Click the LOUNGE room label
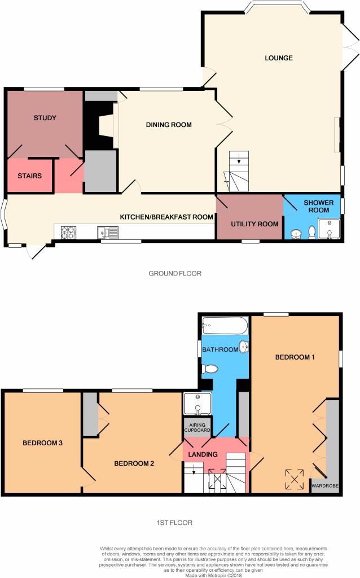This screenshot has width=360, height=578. click(x=279, y=58)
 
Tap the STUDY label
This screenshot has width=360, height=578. click(x=45, y=118)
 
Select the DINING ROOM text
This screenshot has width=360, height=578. click(x=169, y=125)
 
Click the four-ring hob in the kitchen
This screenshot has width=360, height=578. click(x=68, y=232)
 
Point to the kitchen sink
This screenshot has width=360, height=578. click(x=108, y=233)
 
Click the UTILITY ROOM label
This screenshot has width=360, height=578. click(x=254, y=224)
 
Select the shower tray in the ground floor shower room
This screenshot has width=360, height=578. click(x=329, y=229)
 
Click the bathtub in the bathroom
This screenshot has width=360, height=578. click(x=225, y=326)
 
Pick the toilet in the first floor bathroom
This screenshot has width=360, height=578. click(x=210, y=369)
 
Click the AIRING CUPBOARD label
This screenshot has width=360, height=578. click(x=197, y=428)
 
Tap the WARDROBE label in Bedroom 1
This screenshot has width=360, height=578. click(x=324, y=486)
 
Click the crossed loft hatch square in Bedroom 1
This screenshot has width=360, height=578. click(x=295, y=479)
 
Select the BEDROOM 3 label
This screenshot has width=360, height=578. click(x=42, y=443)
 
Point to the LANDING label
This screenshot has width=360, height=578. click(x=203, y=454)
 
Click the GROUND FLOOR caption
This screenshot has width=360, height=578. click(x=175, y=274)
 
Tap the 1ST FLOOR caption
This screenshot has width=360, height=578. click(x=174, y=523)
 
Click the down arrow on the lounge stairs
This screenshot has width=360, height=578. click(x=239, y=159)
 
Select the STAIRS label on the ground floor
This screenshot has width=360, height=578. click(x=29, y=176)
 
